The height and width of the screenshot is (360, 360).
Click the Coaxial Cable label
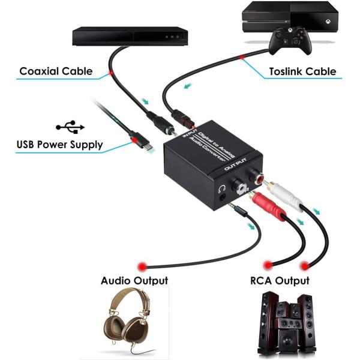tap(56, 71)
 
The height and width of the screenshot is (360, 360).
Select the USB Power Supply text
tap(59, 145)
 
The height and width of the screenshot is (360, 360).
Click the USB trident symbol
tap(70, 127)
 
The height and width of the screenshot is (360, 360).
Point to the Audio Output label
tap(134, 280)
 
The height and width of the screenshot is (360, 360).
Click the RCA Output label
tap(280, 280)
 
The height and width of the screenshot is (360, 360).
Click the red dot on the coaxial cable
tap(111, 73)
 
